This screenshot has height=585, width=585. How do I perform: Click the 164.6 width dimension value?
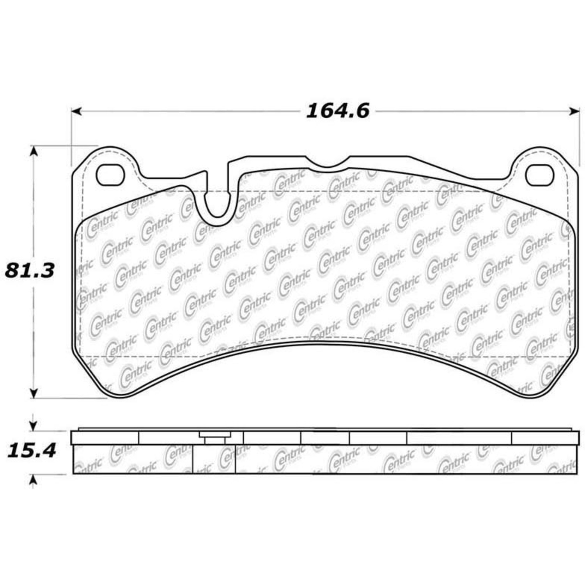[337, 111]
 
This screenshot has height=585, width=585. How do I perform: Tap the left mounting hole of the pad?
[110, 175]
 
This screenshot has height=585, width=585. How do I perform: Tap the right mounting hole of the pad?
[540, 175]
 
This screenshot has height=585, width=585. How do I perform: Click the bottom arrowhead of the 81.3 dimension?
[34, 394]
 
